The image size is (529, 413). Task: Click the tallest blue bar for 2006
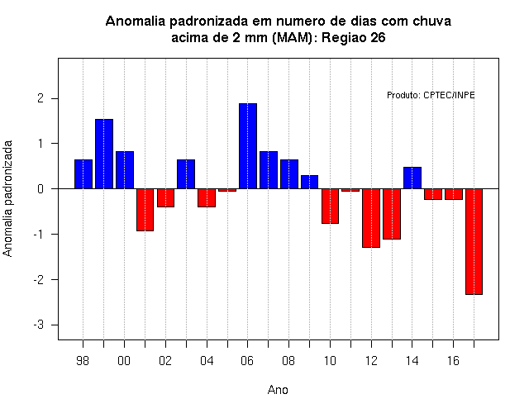pos(248,146)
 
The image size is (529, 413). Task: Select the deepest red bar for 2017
pos(474,241)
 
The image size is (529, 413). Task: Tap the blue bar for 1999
pos(104,154)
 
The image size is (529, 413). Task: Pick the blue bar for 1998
pos(83,174)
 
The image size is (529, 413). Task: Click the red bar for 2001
pos(145,210)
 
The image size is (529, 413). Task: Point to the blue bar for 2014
pos(412,178)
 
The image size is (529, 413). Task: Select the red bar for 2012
pos(371,218)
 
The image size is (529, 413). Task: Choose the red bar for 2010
pos(330,206)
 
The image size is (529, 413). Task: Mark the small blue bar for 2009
pos(309,182)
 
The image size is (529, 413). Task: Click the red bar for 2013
pos(392,214)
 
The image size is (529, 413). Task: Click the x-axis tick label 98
pos(83,361)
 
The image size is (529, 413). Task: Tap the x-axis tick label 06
pos(247,361)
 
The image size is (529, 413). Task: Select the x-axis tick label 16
pos(453,361)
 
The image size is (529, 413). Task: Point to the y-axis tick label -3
pos(39,325)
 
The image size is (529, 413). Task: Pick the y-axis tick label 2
pos(41,98)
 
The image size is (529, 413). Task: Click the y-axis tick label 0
pos(41,189)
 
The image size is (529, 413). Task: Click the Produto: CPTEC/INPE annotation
pos(431,96)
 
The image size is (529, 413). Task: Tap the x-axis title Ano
pos(278,390)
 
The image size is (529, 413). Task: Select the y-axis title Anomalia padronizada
pos(7,198)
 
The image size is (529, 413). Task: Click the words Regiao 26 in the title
pos(353,38)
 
